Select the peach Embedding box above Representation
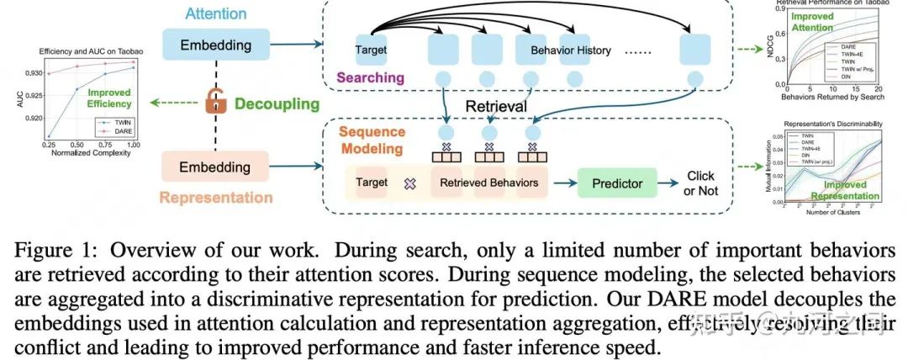[x=214, y=167]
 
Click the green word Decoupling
[x=277, y=104]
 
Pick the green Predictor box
[x=618, y=183]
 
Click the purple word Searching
[x=370, y=77]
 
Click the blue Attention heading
[x=216, y=14]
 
